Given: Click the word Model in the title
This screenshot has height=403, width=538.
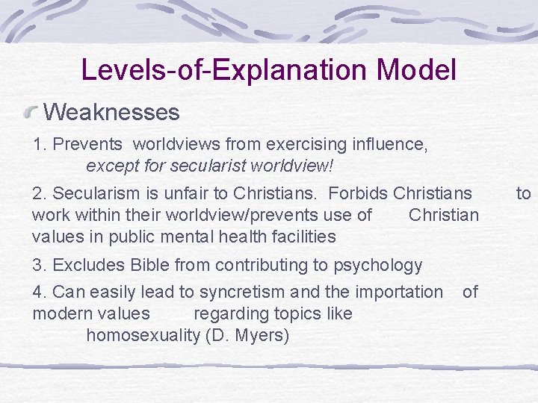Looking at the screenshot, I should point(417,70).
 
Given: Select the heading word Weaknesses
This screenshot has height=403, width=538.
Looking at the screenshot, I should point(112,113).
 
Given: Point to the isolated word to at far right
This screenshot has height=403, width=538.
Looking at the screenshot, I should point(523,194).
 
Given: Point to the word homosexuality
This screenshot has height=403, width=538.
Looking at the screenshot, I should point(143,336).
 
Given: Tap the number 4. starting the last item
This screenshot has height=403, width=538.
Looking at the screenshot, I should point(39,292).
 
